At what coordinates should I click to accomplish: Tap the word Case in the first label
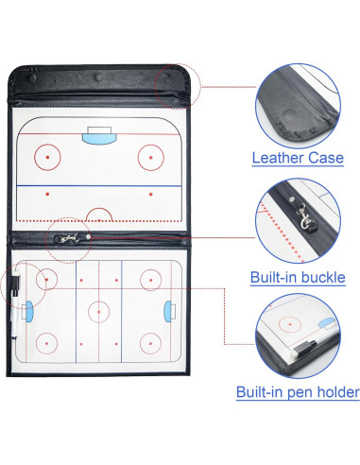[325, 158]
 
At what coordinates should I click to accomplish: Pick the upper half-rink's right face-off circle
[149, 154]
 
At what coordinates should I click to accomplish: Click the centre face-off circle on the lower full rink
[97, 309]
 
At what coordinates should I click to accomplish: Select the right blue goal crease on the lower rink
[166, 309]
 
